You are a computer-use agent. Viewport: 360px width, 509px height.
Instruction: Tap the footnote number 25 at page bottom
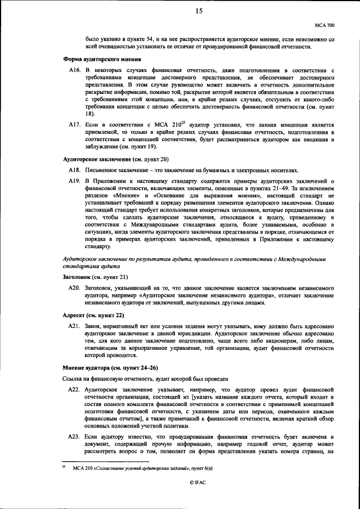point(64,466)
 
